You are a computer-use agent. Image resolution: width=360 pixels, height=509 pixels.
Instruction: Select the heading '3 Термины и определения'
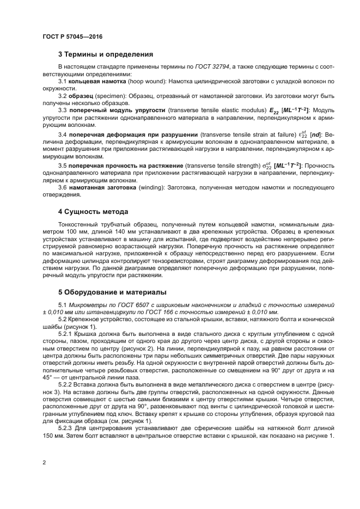[105, 54]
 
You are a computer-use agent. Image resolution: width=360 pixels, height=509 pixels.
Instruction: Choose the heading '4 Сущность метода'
[93, 211]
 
